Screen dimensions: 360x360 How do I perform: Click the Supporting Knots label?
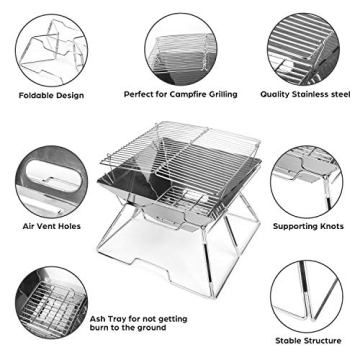pos(309,226)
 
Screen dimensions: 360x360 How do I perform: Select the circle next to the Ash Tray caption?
pos(50,309)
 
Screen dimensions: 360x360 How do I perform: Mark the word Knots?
pos(330,226)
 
